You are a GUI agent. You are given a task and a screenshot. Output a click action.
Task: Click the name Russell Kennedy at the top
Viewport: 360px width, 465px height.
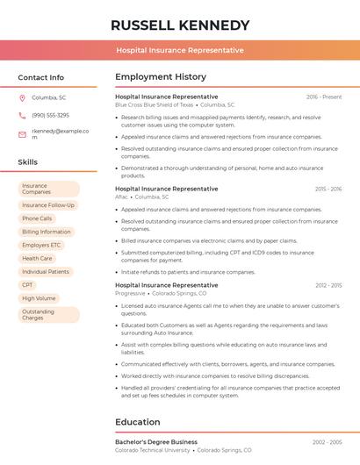(x=180, y=25)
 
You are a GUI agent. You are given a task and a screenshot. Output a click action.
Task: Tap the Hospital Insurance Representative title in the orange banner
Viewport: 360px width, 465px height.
(x=180, y=50)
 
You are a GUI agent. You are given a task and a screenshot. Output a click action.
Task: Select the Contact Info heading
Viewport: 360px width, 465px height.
(x=41, y=77)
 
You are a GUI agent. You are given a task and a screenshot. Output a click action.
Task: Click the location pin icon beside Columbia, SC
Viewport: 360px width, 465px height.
(x=22, y=97)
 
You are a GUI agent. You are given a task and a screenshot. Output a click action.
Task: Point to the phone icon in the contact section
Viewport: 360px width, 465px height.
(x=22, y=115)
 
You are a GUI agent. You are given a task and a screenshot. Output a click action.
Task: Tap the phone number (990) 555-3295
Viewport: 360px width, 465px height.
(x=50, y=115)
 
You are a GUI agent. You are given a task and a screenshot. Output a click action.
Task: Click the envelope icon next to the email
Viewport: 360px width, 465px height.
(x=22, y=134)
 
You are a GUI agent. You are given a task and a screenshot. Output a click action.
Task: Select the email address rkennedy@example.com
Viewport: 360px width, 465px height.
(x=61, y=134)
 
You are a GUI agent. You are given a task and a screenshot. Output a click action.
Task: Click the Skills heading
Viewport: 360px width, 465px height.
(x=28, y=162)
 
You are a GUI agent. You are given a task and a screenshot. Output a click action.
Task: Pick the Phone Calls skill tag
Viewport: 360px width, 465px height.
(x=37, y=218)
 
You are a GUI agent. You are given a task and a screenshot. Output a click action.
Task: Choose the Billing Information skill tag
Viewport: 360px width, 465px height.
(x=47, y=232)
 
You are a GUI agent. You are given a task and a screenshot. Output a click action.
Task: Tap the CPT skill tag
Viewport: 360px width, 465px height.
(x=28, y=285)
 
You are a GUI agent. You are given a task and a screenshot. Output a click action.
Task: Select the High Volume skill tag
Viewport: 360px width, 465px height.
(x=39, y=298)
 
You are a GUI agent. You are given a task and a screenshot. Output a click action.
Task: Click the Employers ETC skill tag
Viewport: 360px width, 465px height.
(x=41, y=245)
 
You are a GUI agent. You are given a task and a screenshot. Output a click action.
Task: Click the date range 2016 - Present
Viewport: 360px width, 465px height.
(x=324, y=97)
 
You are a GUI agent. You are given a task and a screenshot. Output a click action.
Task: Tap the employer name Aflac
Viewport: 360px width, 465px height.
(x=121, y=197)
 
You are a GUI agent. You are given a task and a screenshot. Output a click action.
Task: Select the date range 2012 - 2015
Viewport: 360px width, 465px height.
(x=328, y=285)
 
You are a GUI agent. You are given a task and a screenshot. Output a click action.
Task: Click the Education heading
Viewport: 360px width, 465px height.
(x=137, y=422)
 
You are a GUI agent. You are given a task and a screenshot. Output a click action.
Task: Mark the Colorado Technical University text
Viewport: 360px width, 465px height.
(x=153, y=449)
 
